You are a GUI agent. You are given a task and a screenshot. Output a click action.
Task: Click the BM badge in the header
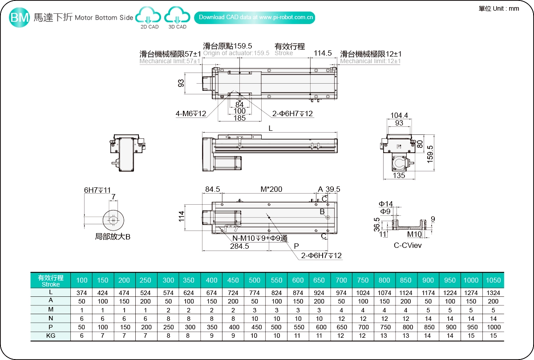20,17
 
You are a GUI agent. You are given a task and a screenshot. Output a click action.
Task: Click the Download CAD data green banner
255,17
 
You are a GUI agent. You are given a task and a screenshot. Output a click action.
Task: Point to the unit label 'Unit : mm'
499,8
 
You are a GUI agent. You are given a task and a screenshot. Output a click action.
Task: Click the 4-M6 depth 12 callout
191,114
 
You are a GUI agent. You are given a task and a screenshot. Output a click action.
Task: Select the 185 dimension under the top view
239,118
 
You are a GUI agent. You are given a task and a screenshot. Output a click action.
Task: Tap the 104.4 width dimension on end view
400,116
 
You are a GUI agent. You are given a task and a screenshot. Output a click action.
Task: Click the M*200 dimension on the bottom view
271,189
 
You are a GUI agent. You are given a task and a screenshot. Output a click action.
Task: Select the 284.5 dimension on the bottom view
239,247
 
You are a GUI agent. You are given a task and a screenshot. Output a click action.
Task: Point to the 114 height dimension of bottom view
182,217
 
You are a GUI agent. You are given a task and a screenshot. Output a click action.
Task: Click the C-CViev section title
408,245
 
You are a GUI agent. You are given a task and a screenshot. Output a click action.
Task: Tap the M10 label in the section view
414,234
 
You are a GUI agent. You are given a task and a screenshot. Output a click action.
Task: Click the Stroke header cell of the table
50,280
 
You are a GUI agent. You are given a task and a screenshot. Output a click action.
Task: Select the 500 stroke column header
255,280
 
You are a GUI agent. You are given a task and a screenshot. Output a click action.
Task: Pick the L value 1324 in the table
493,293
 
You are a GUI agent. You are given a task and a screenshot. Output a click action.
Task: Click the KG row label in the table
50,336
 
